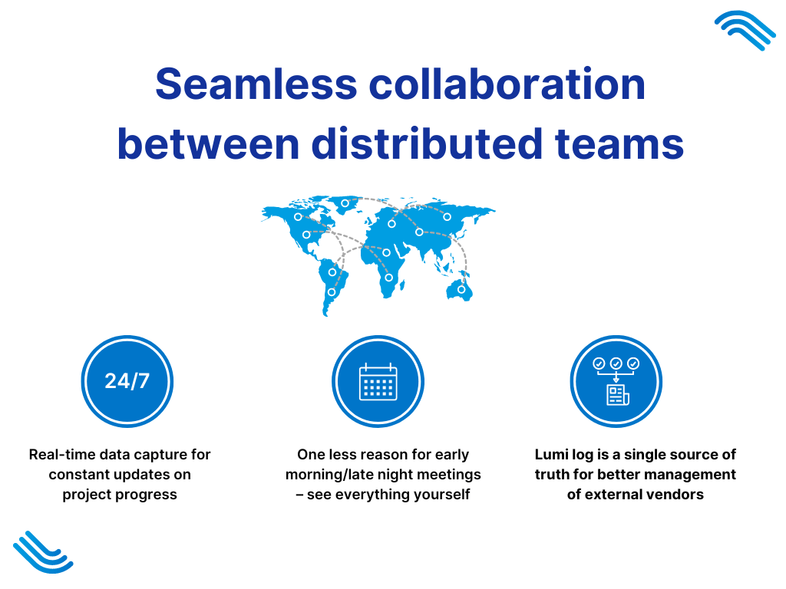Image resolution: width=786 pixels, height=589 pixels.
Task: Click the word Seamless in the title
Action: click(x=256, y=84)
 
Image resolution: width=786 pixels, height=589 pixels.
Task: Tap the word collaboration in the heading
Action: click(x=507, y=84)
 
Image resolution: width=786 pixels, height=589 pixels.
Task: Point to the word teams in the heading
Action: click(x=619, y=143)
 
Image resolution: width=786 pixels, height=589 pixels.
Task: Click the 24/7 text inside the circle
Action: click(x=127, y=381)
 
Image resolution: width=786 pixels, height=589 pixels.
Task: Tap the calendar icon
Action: click(x=378, y=382)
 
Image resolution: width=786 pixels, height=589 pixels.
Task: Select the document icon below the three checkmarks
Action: click(x=618, y=395)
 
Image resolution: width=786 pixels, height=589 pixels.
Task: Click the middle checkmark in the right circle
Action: click(x=616, y=363)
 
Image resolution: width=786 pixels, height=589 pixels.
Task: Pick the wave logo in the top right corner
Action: click(x=745, y=30)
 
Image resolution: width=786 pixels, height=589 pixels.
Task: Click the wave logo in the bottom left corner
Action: click(x=43, y=552)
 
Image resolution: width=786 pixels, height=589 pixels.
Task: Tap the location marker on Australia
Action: click(x=461, y=289)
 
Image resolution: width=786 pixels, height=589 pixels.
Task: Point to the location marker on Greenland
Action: click(x=345, y=203)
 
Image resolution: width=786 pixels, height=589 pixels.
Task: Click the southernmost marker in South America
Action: click(x=332, y=292)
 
